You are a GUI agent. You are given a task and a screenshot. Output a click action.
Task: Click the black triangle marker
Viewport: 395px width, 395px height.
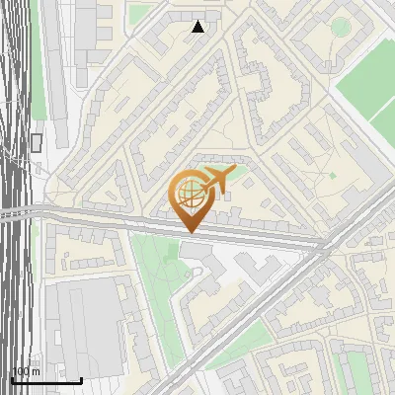click(x=198, y=27)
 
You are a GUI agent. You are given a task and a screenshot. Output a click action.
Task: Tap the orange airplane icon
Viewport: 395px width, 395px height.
click(x=216, y=180)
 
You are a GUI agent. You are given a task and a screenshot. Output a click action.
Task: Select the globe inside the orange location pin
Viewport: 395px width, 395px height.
click(x=187, y=192)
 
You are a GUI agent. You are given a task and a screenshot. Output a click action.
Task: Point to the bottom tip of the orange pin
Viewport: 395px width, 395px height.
click(x=189, y=232)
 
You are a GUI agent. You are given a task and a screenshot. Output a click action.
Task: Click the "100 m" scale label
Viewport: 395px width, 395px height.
click(x=25, y=371)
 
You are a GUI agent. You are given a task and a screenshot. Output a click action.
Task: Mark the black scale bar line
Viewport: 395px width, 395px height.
click(x=46, y=380)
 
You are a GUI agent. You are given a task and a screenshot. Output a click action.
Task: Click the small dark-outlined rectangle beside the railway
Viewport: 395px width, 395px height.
click(x=37, y=142)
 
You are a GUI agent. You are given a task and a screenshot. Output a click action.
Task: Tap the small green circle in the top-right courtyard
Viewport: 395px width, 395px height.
click(x=341, y=27)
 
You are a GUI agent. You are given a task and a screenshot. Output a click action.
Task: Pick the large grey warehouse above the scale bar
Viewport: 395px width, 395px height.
click(x=84, y=326)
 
